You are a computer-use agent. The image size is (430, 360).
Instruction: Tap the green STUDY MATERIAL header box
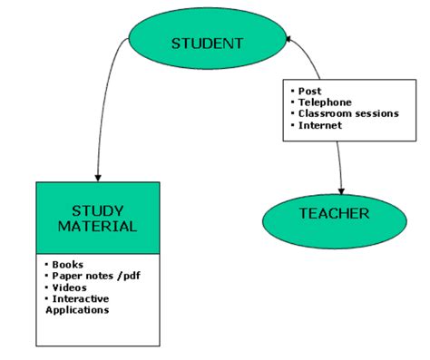click(97, 218)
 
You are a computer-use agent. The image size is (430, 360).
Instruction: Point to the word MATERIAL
click(97, 227)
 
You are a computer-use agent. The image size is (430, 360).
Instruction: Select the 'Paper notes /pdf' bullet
click(92, 276)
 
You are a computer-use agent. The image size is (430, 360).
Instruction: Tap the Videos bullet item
click(70, 287)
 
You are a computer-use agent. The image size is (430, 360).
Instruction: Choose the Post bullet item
click(309, 92)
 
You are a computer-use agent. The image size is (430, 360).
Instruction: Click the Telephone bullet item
click(324, 102)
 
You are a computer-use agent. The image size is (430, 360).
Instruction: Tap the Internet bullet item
click(320, 125)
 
